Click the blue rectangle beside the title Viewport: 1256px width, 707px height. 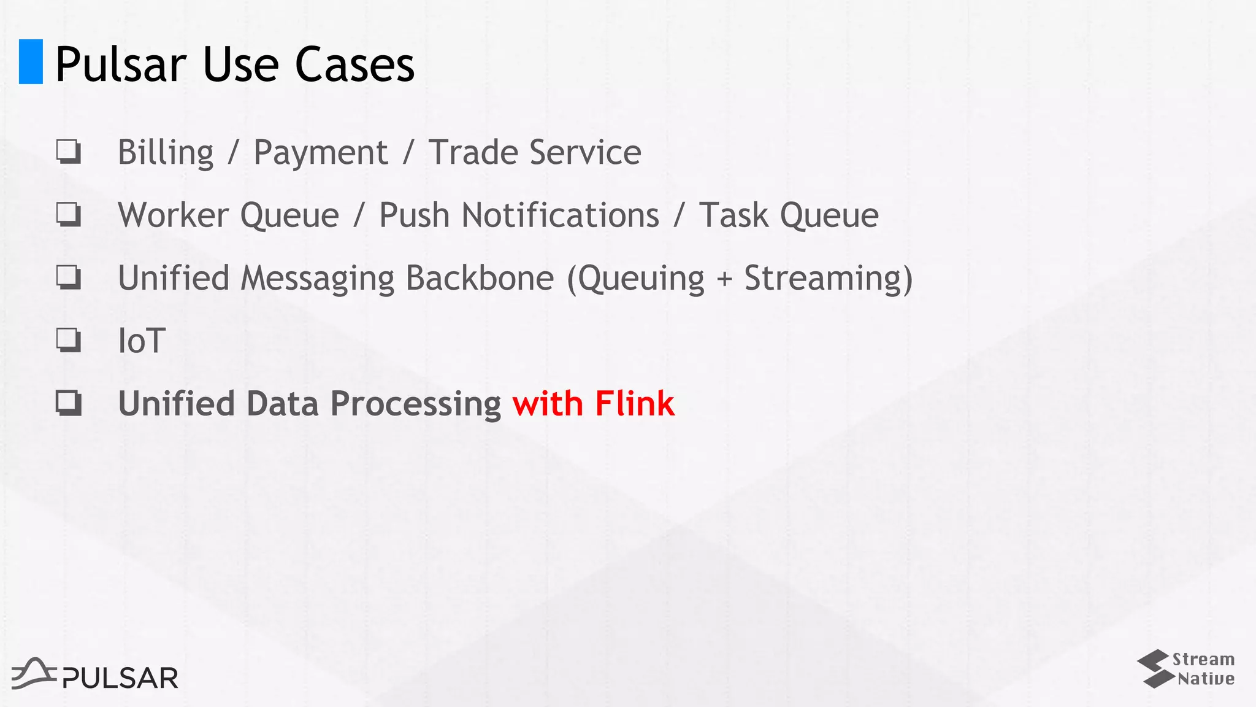pos(31,61)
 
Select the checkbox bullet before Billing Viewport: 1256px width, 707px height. pos(68,152)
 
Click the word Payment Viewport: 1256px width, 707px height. pos(320,153)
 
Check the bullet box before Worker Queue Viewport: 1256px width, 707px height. pos(68,215)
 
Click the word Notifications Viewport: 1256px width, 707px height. pos(560,215)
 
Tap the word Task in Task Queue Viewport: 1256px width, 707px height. pos(733,215)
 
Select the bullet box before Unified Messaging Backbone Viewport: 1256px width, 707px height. pos(68,277)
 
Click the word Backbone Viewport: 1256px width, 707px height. pos(480,278)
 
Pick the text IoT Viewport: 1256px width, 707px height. pos(142,341)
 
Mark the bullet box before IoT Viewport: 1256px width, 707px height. pos(68,340)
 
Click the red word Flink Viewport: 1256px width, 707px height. pos(634,404)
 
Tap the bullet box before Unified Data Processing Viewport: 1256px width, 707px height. pos(68,403)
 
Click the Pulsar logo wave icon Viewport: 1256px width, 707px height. pos(34,673)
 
